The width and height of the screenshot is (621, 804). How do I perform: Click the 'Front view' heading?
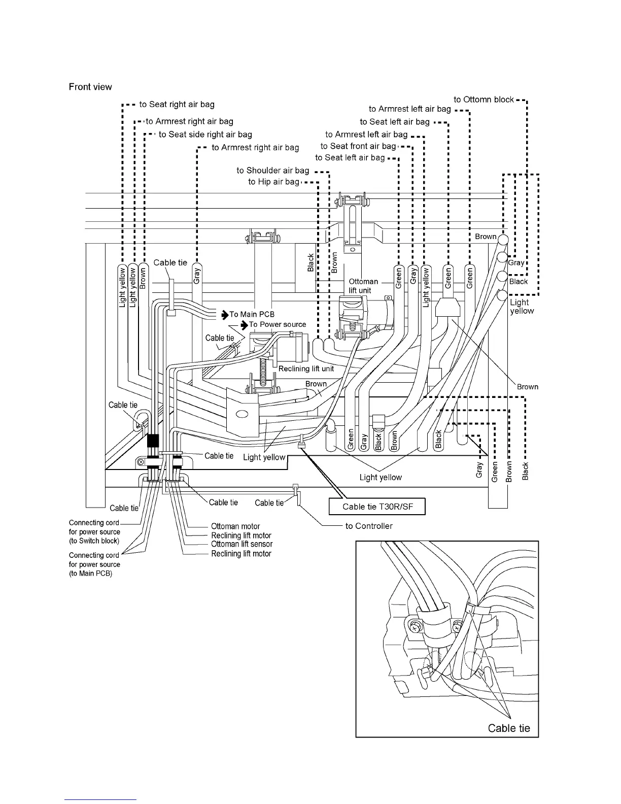[90, 87]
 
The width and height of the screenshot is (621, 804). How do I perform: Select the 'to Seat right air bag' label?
[177, 105]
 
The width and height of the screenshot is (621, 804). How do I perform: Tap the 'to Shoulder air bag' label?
[272, 171]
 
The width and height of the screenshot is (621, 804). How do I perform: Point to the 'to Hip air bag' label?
[273, 182]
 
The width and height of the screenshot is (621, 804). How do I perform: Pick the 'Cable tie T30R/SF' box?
[376, 506]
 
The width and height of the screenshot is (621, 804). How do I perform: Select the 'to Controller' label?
[369, 526]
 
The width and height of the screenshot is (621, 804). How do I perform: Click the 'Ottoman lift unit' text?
[363, 286]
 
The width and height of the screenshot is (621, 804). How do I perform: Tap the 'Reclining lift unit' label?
[306, 368]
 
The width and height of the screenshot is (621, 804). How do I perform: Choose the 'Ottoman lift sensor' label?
[241, 544]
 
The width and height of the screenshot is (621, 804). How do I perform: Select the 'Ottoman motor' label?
[235, 526]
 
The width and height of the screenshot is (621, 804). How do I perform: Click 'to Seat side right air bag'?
[205, 135]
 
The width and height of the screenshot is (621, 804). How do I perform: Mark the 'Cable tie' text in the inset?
[508, 728]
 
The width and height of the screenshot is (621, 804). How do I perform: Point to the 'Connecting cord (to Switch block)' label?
[94, 532]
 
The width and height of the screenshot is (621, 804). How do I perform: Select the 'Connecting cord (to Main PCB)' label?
[94, 564]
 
